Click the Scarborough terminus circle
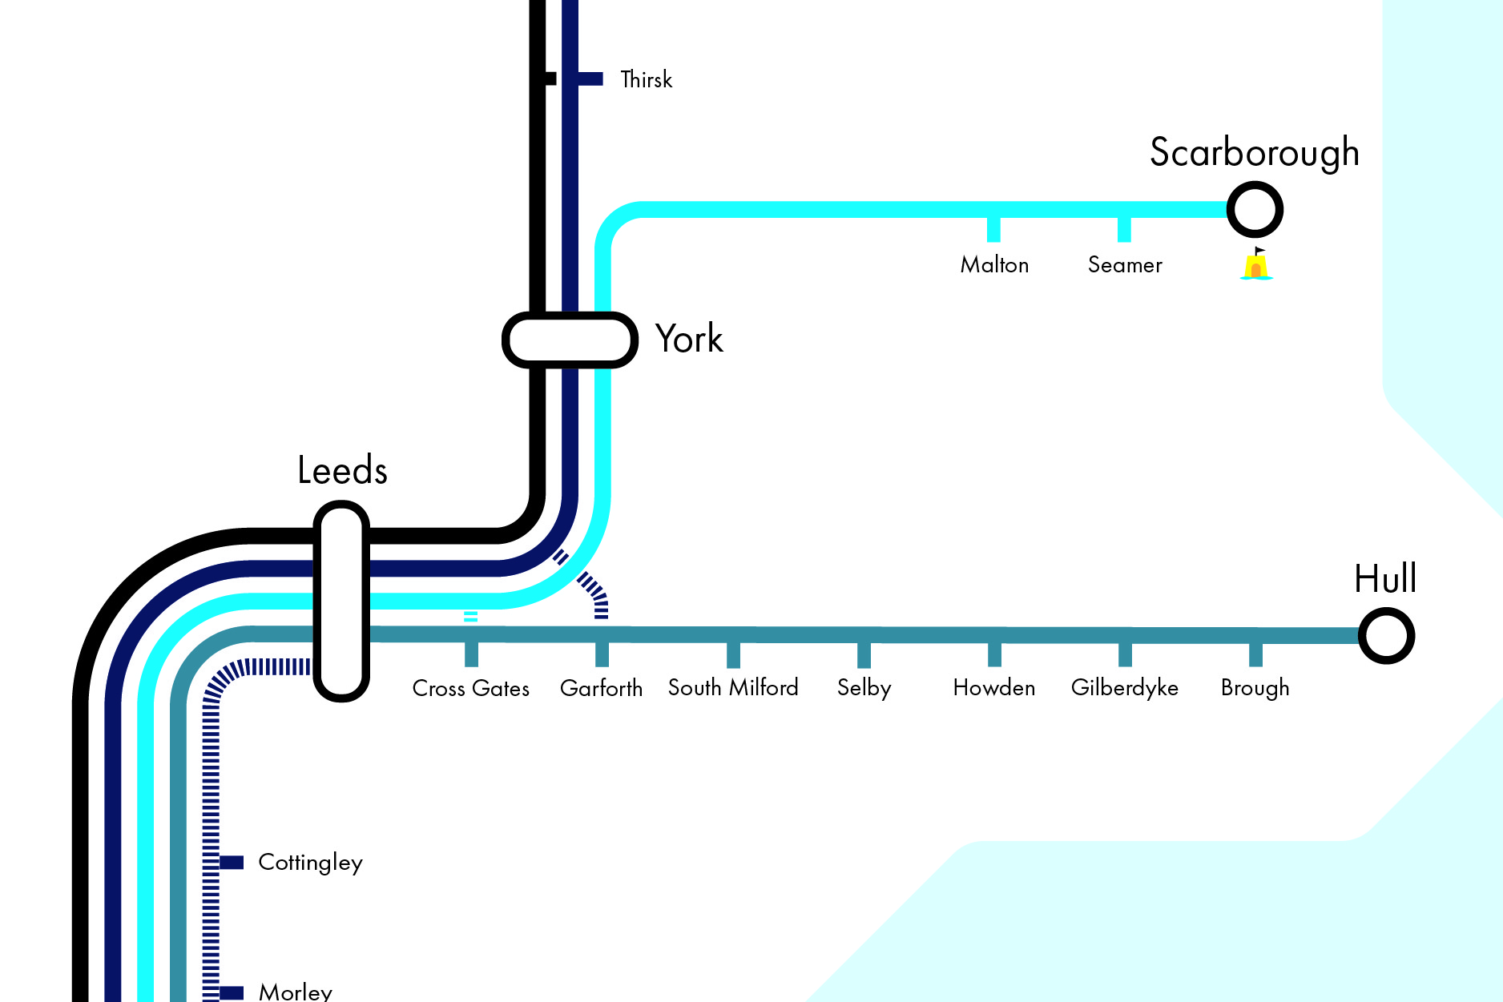point(1255,210)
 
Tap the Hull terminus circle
point(1386,636)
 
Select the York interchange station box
point(570,340)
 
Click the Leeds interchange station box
point(341,601)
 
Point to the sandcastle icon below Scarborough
point(1256,265)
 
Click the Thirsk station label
point(646,79)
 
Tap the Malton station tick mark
point(993,229)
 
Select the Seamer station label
point(1124,265)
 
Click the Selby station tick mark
point(864,655)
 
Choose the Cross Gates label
point(470,688)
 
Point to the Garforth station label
point(601,688)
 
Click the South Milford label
point(733,687)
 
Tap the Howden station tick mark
point(994,654)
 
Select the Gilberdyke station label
point(1124,688)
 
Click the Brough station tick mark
point(1255,654)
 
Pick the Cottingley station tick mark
point(231,862)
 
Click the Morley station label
point(295,992)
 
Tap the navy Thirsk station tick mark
point(590,78)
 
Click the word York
point(689,339)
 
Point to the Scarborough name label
point(1254,152)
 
